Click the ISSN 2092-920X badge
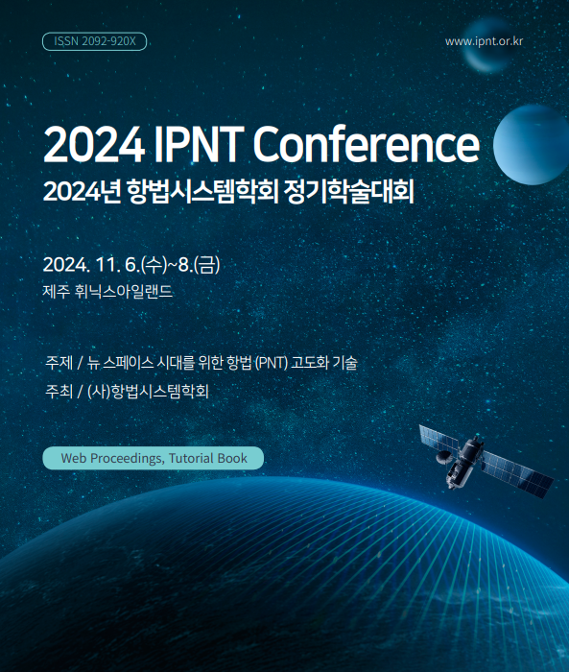click(x=94, y=41)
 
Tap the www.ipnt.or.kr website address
click(x=484, y=41)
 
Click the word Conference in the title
click(x=366, y=144)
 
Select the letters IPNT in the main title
click(x=199, y=144)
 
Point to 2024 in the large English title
click(x=94, y=144)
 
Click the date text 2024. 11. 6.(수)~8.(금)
click(x=131, y=264)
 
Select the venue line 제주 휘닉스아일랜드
click(x=107, y=292)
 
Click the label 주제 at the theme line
click(x=59, y=363)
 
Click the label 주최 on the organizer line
click(x=59, y=391)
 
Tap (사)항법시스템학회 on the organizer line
click(x=148, y=391)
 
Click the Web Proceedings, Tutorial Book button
click(x=153, y=458)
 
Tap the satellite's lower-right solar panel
click(x=517, y=474)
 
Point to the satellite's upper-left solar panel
click(x=439, y=439)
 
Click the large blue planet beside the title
click(x=532, y=145)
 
